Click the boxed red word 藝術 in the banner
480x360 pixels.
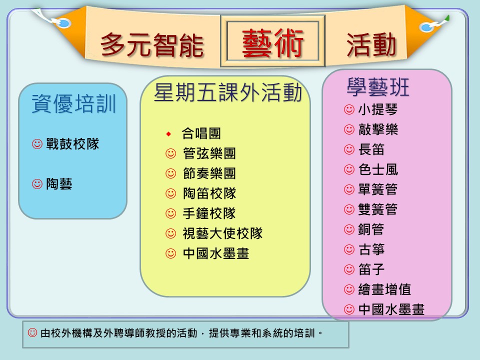click(x=272, y=43)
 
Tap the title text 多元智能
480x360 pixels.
click(x=152, y=45)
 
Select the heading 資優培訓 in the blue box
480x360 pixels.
click(x=74, y=104)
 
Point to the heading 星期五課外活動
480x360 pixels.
click(x=228, y=92)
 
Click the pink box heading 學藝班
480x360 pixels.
click(x=378, y=87)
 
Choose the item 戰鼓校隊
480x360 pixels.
click(x=72, y=144)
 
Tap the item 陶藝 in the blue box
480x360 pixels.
click(x=59, y=184)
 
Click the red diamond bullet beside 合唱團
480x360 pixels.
click(x=168, y=134)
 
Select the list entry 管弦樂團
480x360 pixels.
click(x=209, y=153)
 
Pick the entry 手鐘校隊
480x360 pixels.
click(x=209, y=213)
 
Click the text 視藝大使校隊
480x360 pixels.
click(x=222, y=233)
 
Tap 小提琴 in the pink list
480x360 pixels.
click(x=378, y=109)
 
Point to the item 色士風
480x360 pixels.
click(x=378, y=169)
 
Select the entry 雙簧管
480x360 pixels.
click(x=378, y=209)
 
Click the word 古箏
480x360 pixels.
click(x=371, y=249)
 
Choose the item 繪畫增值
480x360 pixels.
click(x=384, y=289)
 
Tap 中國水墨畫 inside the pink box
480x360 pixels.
click(x=391, y=309)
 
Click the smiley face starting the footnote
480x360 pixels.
click(x=32, y=332)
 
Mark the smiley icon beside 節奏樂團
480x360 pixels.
click(x=170, y=173)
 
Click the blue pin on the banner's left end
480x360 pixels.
click(x=63, y=23)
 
